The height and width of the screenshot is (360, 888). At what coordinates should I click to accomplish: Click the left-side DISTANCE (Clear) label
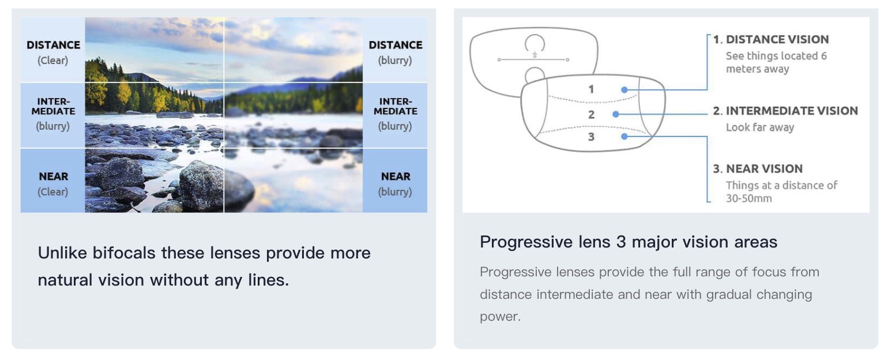[53, 52]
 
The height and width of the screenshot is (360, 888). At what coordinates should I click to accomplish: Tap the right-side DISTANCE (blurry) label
[395, 52]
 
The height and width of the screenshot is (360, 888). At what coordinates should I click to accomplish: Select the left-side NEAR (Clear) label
[53, 184]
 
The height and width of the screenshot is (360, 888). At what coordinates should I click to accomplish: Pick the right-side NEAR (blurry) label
[395, 184]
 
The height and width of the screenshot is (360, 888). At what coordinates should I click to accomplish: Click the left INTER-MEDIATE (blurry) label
[53, 114]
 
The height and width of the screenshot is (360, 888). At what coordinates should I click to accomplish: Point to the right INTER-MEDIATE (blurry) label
[395, 114]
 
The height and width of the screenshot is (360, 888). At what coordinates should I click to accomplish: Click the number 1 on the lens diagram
[591, 89]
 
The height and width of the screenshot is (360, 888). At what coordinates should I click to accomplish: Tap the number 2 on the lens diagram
[591, 115]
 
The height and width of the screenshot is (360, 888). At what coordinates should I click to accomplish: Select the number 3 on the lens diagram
[591, 137]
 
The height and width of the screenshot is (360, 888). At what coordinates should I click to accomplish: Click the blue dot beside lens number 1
[624, 90]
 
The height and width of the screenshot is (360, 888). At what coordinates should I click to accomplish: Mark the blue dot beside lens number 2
[616, 114]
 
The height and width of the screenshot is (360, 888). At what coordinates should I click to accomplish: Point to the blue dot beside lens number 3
[624, 136]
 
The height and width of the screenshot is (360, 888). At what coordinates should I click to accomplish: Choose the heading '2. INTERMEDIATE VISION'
[785, 111]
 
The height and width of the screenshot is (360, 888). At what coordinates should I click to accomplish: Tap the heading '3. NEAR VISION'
[758, 168]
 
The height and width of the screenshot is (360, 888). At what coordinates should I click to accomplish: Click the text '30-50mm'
[749, 198]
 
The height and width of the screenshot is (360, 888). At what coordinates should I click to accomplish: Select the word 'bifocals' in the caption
[123, 253]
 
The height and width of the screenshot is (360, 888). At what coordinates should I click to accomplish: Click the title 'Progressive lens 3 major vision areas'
[629, 242]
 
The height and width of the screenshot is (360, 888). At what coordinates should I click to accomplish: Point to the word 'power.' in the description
[500, 317]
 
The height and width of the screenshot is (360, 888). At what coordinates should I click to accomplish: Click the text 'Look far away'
[760, 127]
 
